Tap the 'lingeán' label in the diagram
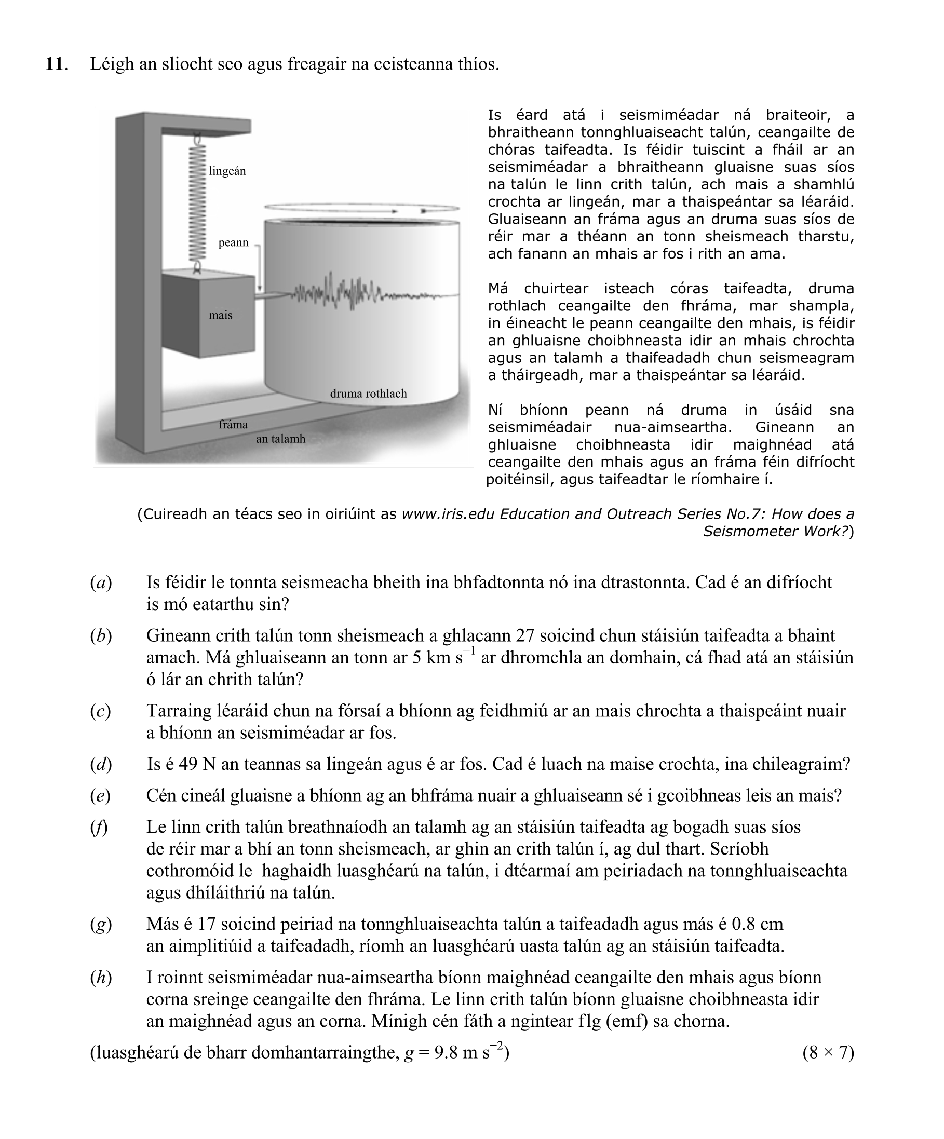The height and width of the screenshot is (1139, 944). [227, 171]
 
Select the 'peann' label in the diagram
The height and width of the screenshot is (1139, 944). [233, 242]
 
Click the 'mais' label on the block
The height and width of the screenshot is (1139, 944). [220, 315]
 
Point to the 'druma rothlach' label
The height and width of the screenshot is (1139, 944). [368, 394]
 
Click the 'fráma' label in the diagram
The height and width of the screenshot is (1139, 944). [233, 424]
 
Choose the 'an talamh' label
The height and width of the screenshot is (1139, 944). [280, 439]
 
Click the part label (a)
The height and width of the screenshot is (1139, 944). [101, 582]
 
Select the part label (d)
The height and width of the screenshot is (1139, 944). [101, 764]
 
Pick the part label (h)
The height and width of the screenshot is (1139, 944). [101, 978]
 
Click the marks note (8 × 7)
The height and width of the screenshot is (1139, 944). [828, 1053]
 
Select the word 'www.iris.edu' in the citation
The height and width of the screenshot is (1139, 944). [448, 514]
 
